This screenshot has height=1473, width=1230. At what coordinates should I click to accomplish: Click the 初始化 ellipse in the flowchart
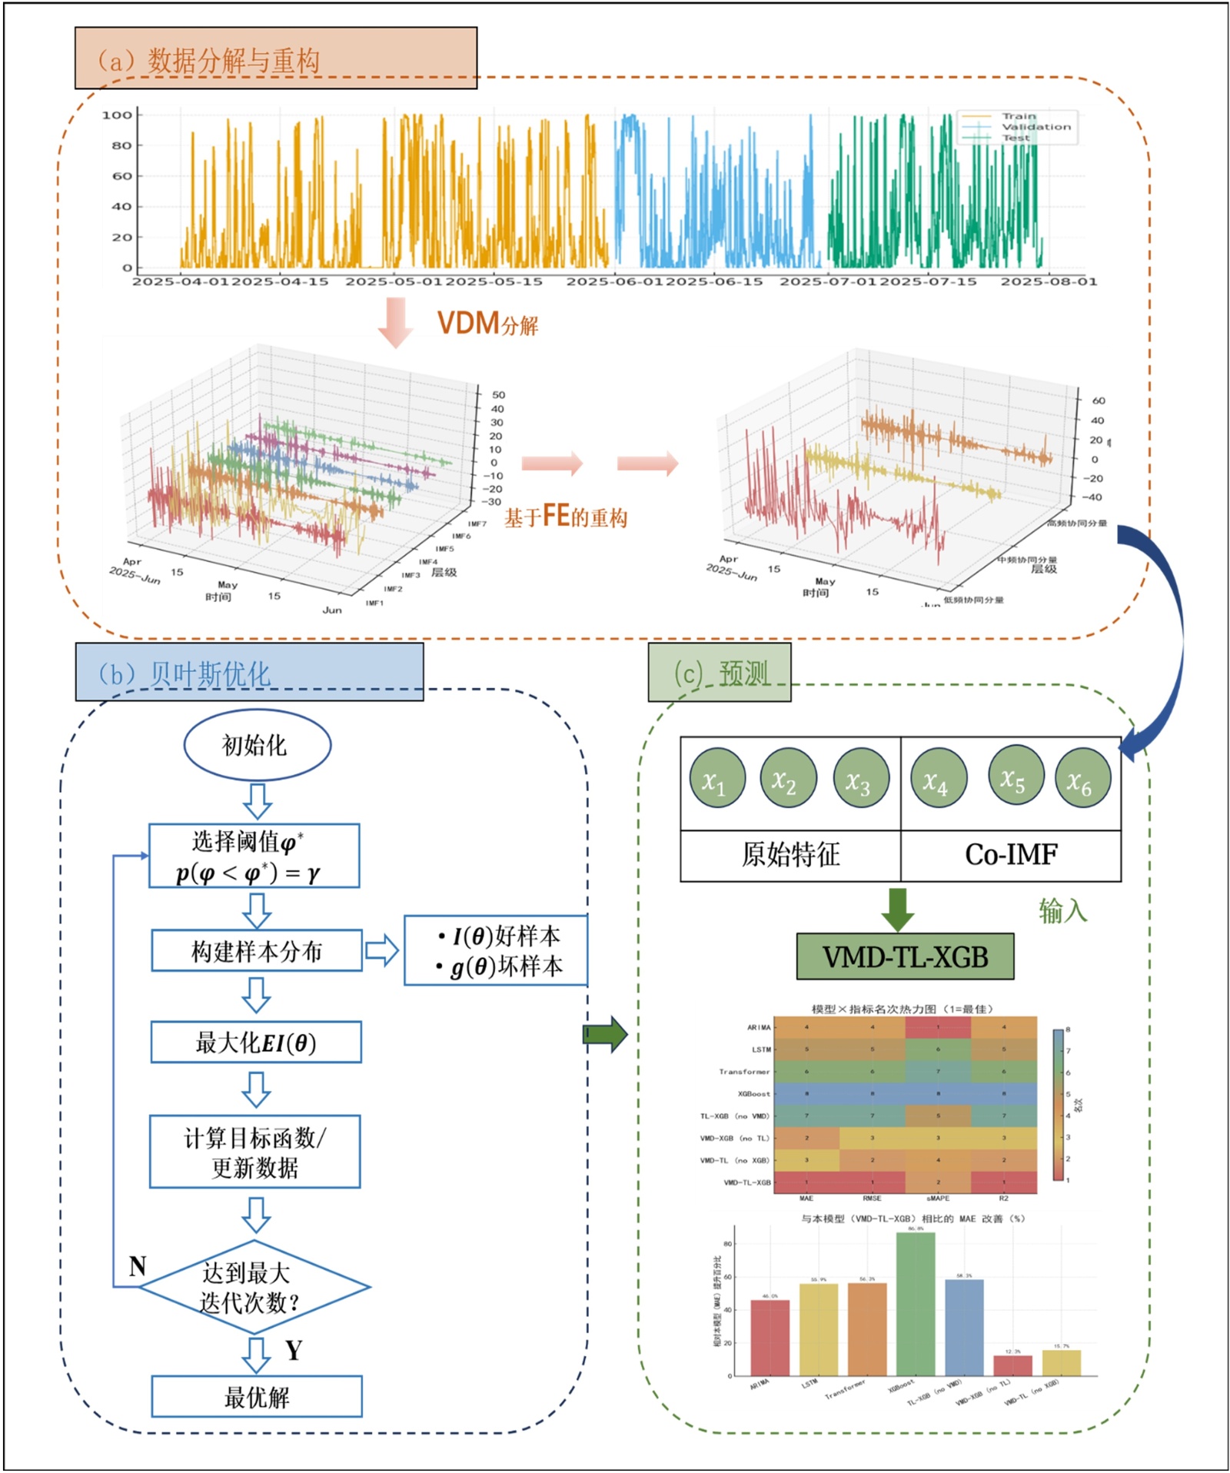(257, 744)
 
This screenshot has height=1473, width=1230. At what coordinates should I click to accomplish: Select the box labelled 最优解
(256, 1396)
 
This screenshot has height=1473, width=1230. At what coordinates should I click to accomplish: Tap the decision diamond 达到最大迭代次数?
(254, 1287)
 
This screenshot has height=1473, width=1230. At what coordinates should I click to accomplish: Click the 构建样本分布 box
(256, 951)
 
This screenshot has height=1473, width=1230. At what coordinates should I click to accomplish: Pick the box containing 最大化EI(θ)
(256, 1042)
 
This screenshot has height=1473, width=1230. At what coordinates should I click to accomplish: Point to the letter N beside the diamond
(138, 1266)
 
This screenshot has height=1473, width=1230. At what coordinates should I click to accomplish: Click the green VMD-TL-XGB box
(905, 956)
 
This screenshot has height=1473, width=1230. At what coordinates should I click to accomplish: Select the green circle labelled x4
(938, 778)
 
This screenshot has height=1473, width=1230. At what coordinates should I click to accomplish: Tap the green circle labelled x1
(716, 778)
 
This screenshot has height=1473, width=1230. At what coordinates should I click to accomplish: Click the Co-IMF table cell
(1011, 855)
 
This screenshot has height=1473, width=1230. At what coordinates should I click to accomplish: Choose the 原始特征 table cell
(790, 855)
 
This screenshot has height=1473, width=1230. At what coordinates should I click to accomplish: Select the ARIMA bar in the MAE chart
(770, 1338)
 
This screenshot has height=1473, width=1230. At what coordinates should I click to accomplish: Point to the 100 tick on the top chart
(118, 115)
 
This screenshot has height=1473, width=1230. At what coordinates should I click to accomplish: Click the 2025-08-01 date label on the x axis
(1048, 282)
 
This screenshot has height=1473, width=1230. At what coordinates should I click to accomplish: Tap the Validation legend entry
(1035, 127)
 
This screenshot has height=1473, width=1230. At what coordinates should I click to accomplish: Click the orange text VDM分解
(487, 324)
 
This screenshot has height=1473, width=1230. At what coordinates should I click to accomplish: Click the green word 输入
(1062, 911)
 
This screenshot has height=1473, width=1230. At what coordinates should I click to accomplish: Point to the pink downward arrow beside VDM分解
(395, 321)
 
